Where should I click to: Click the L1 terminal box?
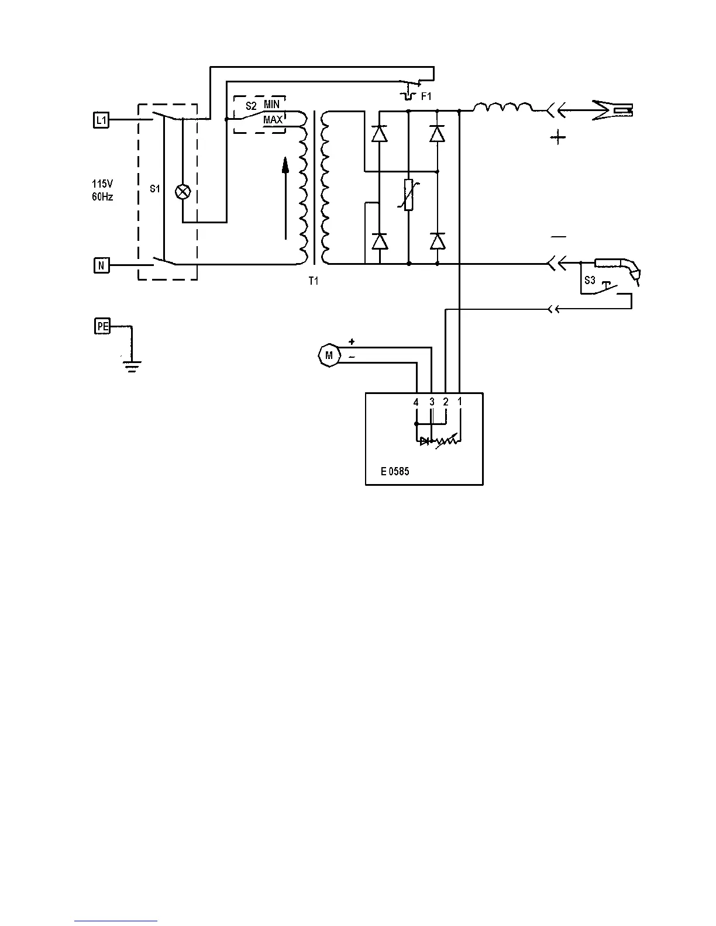(101, 120)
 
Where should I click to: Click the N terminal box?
(101, 266)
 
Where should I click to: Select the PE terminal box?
(102, 326)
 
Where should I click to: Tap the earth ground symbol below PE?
(132, 367)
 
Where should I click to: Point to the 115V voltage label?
(102, 184)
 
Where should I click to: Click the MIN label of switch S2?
(272, 104)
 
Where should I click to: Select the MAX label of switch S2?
(273, 120)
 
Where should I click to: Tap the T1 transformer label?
(314, 281)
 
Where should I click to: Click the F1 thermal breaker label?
(426, 96)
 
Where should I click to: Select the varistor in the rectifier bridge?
(409, 195)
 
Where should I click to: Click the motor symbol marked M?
(328, 355)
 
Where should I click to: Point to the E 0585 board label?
(395, 471)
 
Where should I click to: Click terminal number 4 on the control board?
(416, 402)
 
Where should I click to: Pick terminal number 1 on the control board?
(460, 402)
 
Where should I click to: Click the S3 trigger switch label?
(590, 281)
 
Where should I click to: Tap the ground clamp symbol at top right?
(614, 109)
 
